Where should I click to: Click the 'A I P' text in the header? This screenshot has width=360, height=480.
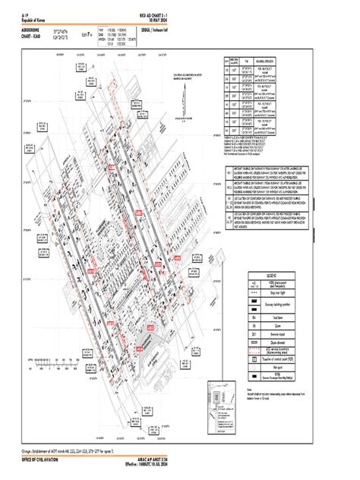pos(27,15)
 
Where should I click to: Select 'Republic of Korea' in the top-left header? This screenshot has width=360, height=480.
pos(39,21)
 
